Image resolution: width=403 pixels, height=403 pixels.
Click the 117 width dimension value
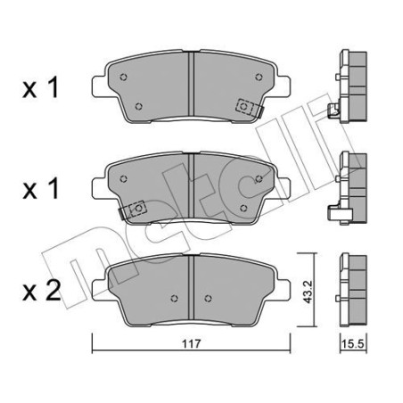pos(192,344)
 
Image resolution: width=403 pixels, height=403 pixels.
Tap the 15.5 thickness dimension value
pos(352,344)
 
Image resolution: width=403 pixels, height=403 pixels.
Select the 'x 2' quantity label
pos(42,291)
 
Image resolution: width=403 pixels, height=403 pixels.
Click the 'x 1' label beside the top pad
pos(40,87)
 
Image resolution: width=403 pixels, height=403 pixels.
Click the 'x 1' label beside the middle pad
pos(40,189)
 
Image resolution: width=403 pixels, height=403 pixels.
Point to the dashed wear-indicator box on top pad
pos(244,106)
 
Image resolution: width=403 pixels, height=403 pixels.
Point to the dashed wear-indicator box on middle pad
pos(137,209)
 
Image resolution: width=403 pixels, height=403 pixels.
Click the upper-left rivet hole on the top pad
pos(123,77)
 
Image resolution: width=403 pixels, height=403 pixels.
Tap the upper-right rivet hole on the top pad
pos(259,77)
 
